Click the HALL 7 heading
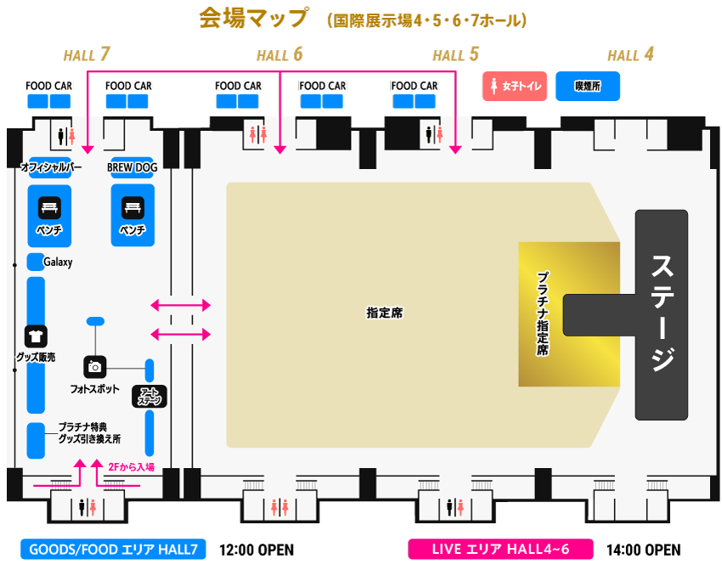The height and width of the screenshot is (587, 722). pos(87,55)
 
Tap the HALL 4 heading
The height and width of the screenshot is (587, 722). pos(630,55)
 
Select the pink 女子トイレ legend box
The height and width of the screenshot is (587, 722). pos(516,87)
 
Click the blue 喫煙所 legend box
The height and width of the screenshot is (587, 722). pos(587,87)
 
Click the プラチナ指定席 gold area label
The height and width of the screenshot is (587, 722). pos(542,313)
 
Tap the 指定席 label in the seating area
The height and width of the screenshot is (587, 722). pos(385,313)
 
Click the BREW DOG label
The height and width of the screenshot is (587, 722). pos(132,167)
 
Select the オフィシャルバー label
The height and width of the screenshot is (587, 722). pos(50,167)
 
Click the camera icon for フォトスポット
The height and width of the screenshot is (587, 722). pos(95,367)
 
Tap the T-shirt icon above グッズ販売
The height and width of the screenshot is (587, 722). pos(36,336)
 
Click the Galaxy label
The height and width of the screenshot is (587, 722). pos(58,262)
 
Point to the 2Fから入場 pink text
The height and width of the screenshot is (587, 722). pos(132,466)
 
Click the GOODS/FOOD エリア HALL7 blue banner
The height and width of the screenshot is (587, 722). pos(113,550)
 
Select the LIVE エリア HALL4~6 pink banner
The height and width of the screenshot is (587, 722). pos(500,550)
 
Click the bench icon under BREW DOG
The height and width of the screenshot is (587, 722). pos(132,206)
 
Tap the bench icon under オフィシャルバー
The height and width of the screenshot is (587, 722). pos(48,206)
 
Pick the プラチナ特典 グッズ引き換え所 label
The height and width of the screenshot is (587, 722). pos(89,433)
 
